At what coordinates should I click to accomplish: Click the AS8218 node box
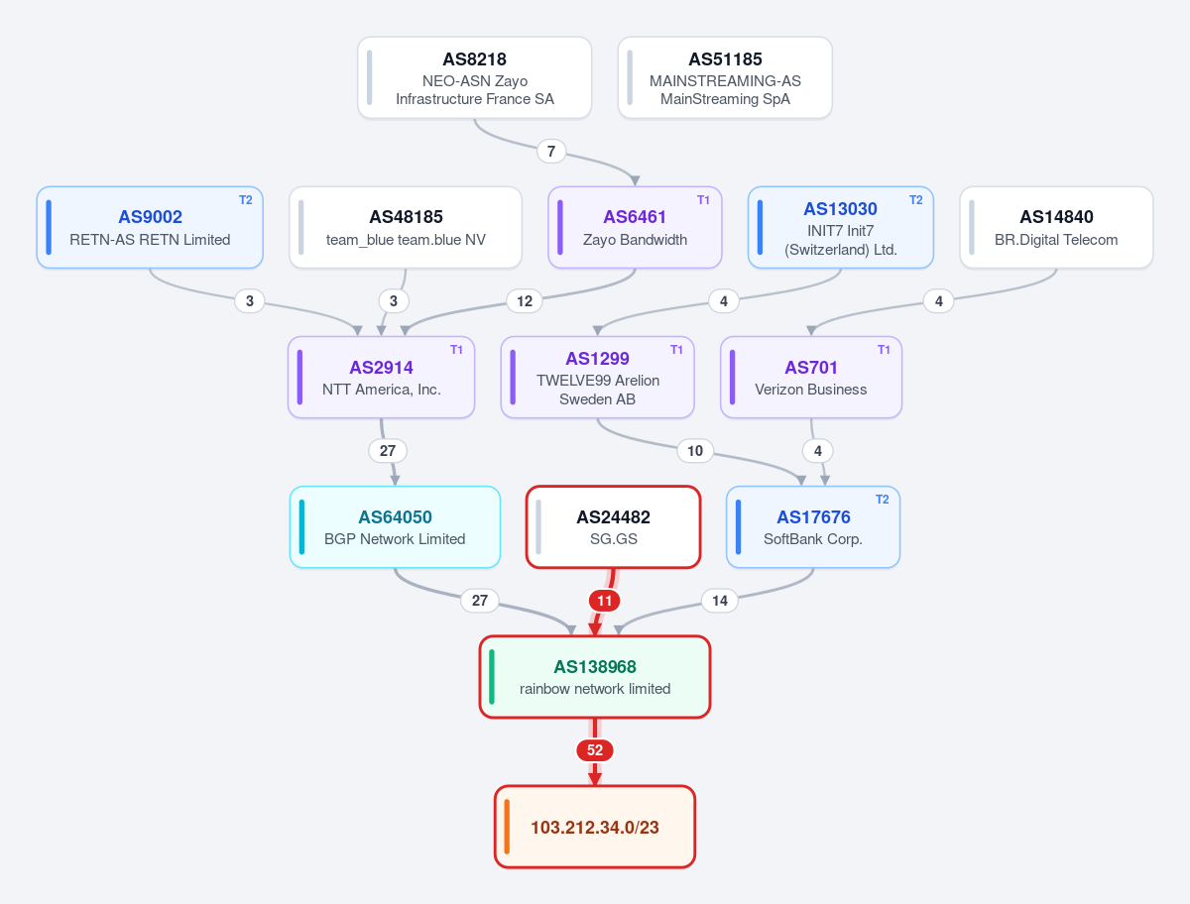[x=474, y=77]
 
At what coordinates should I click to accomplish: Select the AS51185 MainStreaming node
[x=725, y=77]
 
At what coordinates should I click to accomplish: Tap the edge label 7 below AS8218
[x=551, y=151]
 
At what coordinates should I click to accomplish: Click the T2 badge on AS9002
[x=246, y=200]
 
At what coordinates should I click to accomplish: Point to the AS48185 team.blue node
[x=406, y=228]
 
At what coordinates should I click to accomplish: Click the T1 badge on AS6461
[x=703, y=200]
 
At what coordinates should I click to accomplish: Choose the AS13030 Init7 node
[x=840, y=228]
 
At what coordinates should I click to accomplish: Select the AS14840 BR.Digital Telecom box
[x=1056, y=228]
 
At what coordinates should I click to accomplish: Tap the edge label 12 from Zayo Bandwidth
[x=525, y=301]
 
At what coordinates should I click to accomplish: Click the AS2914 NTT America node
[x=381, y=377]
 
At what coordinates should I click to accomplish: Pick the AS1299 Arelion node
[x=597, y=377]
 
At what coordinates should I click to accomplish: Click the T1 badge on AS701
[x=884, y=349]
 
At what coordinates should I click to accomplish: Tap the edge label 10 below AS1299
[x=695, y=451]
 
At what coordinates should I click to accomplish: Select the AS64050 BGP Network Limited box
[x=395, y=527]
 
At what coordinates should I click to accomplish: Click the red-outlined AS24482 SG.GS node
[x=613, y=527]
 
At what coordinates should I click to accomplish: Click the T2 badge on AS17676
[x=882, y=500]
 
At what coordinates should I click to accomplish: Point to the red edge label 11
[x=605, y=601]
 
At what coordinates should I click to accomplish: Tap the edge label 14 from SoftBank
[x=720, y=601]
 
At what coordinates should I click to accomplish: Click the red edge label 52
[x=595, y=750]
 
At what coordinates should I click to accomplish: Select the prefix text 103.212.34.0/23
[x=595, y=828]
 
